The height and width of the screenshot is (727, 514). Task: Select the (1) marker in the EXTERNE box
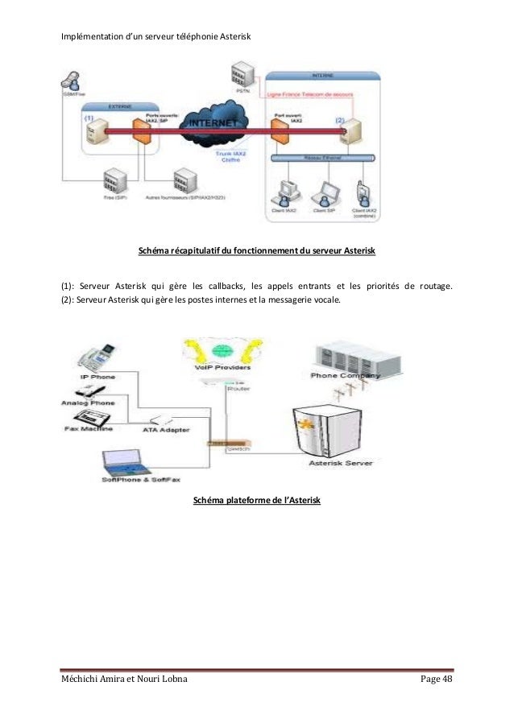[89, 118]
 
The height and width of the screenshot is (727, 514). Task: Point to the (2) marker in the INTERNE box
[341, 120]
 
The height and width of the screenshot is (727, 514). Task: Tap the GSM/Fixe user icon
[69, 82]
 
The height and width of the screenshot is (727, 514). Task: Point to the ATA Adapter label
[166, 430]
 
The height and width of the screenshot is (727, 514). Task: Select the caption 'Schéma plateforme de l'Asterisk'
[257, 502]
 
